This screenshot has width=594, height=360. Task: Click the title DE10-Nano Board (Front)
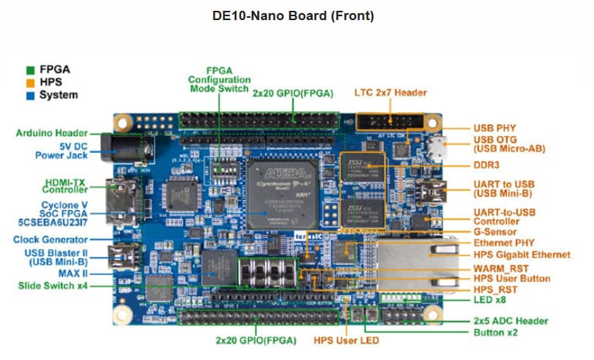(x=293, y=15)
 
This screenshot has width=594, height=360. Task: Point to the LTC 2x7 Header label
(x=390, y=93)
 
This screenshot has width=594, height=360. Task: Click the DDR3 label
(x=488, y=165)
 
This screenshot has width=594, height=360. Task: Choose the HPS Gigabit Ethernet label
(x=522, y=254)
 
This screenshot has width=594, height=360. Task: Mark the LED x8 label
(x=492, y=300)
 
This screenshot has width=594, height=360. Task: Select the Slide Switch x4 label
(x=54, y=285)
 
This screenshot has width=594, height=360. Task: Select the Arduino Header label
(x=52, y=133)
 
